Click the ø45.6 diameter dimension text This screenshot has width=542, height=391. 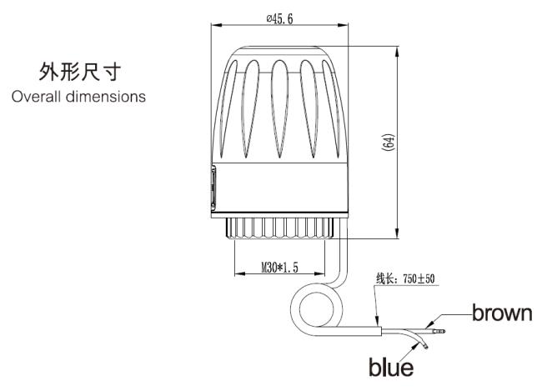tap(279, 18)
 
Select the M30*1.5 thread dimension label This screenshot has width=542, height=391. tap(279, 268)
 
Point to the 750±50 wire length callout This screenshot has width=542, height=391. tap(405, 278)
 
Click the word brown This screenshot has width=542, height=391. tap(502, 313)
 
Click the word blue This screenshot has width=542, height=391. tap(391, 367)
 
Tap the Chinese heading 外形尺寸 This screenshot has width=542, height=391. tap(80, 72)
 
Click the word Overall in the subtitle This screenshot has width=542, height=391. tap(36, 97)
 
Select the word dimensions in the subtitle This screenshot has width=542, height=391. tap(106, 97)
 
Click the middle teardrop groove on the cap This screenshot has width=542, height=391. tap(279, 108)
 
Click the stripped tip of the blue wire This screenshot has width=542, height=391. tap(424, 344)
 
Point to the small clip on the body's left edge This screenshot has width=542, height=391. tap(213, 188)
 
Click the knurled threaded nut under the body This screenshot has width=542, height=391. tap(279, 228)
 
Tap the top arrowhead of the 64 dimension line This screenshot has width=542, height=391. tap(397, 52)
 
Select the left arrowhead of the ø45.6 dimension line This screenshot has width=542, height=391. tap(217, 25)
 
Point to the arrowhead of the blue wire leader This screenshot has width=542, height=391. tap(414, 348)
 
